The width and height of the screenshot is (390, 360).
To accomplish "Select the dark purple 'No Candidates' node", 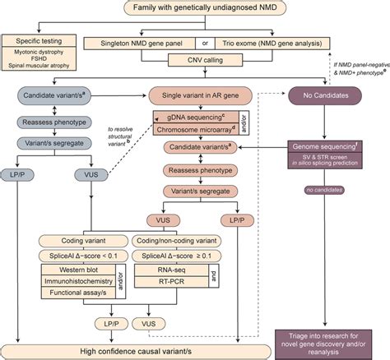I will click(327, 95).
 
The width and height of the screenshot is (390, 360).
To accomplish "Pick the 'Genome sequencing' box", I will click(327, 150).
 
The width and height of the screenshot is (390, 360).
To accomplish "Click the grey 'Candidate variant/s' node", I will click(51, 95).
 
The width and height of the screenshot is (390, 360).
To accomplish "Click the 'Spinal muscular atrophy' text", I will click(41, 65).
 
